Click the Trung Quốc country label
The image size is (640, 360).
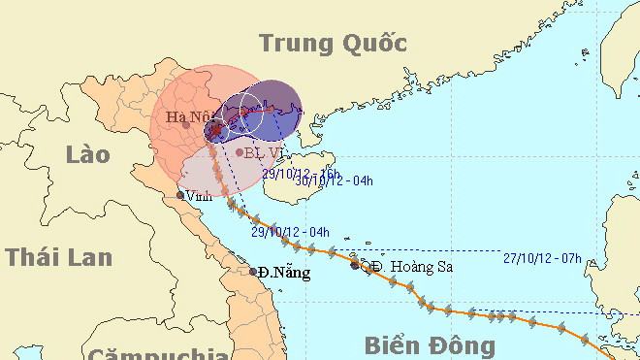tap(333, 44)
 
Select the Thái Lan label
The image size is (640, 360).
tap(58, 257)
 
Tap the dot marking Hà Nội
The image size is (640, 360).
tap(186, 124)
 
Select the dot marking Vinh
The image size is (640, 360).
tap(179, 195)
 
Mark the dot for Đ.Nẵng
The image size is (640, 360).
tap(253, 271)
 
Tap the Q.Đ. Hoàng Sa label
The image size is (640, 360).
tap(405, 266)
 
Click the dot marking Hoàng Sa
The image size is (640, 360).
tap(354, 264)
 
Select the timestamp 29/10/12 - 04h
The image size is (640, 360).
tap(291, 232)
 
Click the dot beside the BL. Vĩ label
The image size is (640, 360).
tap(240, 151)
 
